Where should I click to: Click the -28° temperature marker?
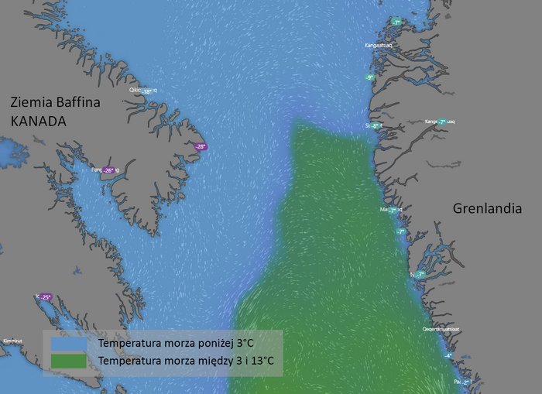(x=201, y=146)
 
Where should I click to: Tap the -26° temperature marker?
(x=108, y=170)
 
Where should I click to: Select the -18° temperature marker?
(x=146, y=91)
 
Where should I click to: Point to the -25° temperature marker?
(x=45, y=296)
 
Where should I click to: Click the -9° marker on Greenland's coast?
(x=370, y=77)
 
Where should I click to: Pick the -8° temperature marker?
(x=375, y=125)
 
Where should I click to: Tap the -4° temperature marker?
(x=448, y=355)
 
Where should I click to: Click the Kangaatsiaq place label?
(x=379, y=46)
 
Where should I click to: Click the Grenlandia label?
(x=487, y=209)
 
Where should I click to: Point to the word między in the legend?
(x=221, y=361)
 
